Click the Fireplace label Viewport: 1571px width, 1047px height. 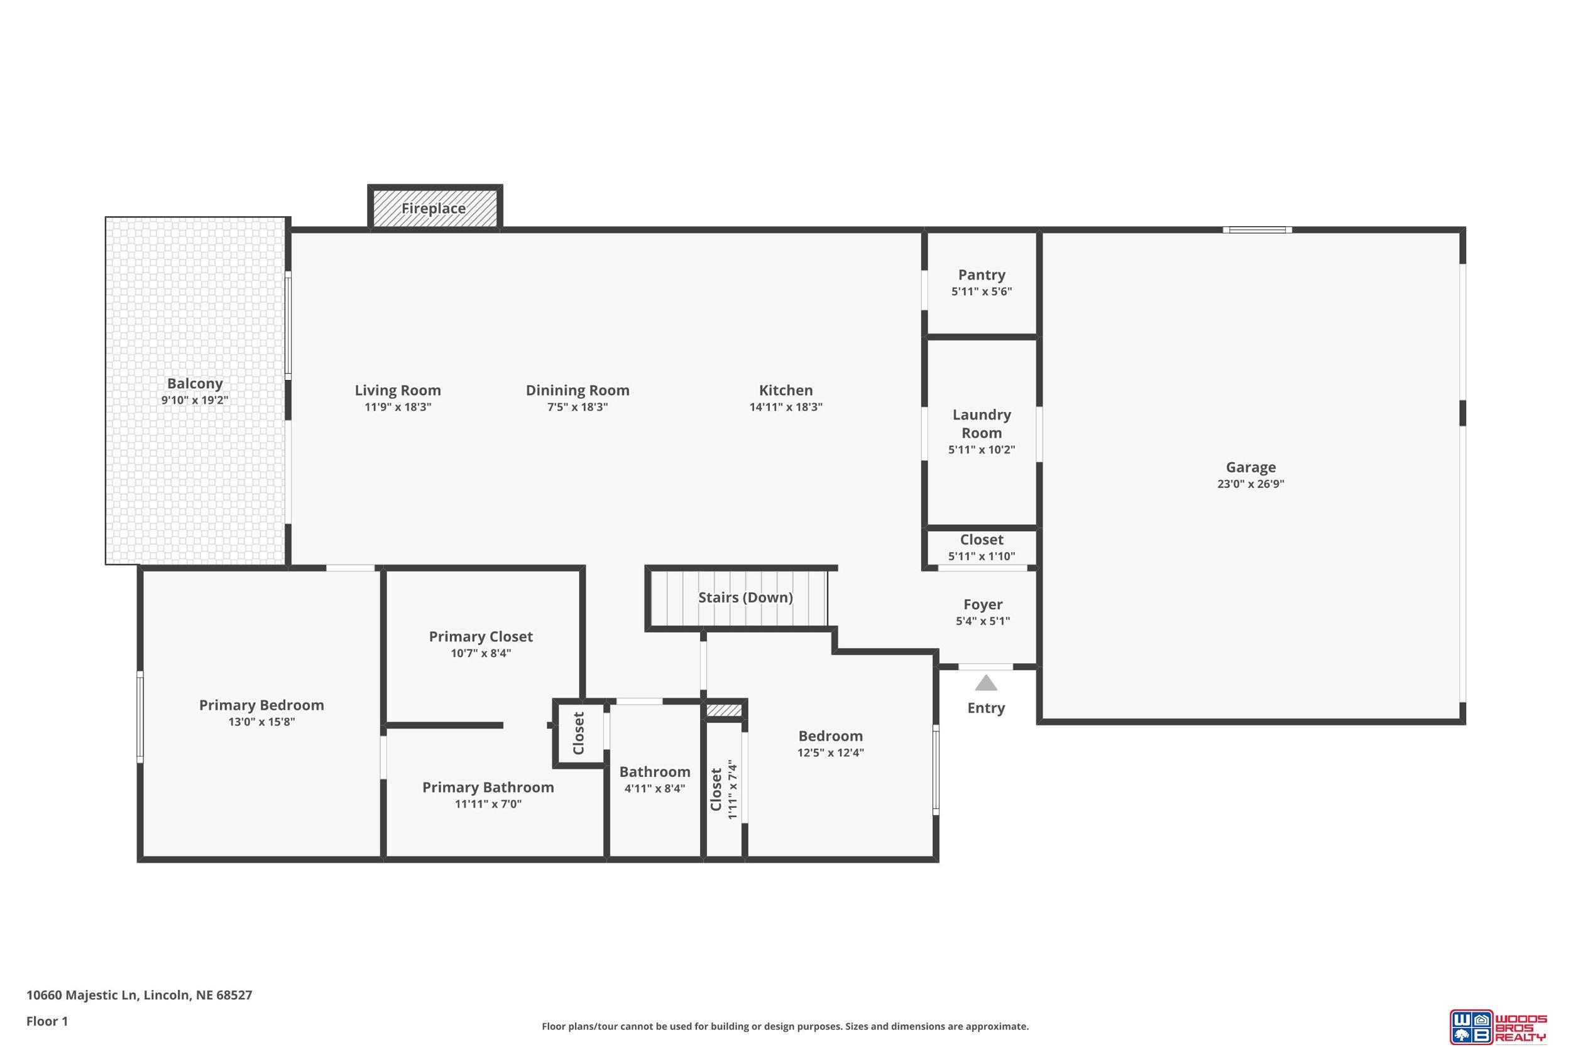point(434,209)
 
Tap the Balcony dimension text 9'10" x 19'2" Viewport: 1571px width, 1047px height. point(194,400)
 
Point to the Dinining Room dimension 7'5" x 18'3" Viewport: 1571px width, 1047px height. point(577,406)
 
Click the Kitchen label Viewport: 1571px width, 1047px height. point(785,390)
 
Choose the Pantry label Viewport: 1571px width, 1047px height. point(981,275)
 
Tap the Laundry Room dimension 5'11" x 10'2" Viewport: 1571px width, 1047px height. point(981,449)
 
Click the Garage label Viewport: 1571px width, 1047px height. point(1251,467)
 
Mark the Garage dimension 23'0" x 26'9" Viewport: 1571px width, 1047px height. point(1251,484)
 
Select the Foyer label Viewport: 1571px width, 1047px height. point(983,604)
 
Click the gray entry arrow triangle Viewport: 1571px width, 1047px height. point(986,683)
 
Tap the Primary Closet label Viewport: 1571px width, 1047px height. point(480,637)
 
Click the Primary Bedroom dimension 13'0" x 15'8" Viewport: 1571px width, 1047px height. point(261,722)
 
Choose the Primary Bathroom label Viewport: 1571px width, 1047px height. point(488,787)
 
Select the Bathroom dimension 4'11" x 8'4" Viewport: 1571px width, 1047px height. point(655,789)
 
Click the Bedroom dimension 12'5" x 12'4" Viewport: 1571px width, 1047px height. point(830,752)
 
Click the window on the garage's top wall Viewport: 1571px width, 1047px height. point(1257,231)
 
